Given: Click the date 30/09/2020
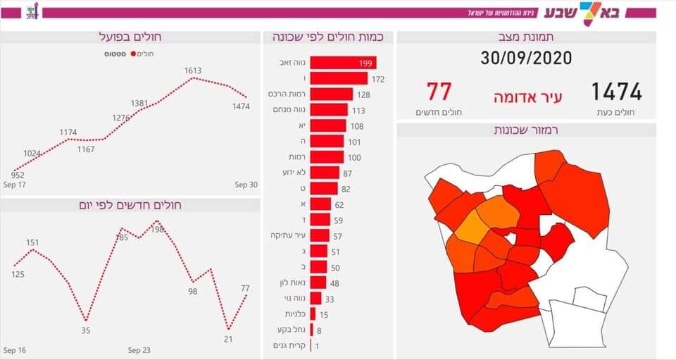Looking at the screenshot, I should (526, 58).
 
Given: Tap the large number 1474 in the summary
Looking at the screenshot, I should (616, 92).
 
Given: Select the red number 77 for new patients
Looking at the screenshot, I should (438, 92).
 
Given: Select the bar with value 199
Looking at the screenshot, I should (343, 63).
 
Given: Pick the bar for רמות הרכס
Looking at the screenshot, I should (331, 94).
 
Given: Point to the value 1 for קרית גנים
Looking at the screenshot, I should (317, 346).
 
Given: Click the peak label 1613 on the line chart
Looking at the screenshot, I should (193, 70).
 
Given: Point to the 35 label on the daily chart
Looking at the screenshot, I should (86, 330).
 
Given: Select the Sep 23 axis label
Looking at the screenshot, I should (139, 350).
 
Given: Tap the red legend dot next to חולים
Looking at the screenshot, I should (131, 54).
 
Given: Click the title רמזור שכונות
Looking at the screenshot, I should (526, 130).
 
